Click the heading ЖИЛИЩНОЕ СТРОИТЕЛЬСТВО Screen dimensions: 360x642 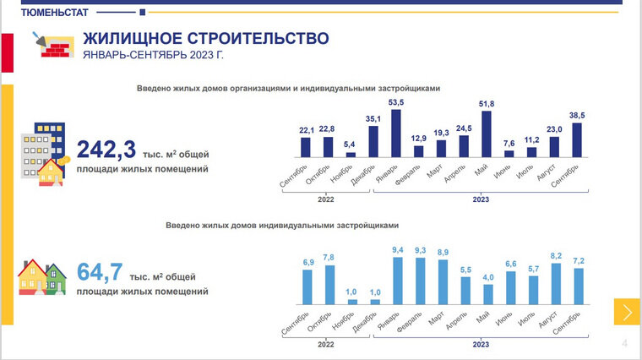pyautogui.click(x=205, y=39)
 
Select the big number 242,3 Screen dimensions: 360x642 pyautogui.click(x=106, y=150)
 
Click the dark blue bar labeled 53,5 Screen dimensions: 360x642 pyautogui.click(x=395, y=134)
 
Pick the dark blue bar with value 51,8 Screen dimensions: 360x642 pyautogui.click(x=487, y=134)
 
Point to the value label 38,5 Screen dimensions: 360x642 pyautogui.click(x=577, y=114)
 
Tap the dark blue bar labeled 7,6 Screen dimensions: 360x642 pyautogui.click(x=509, y=154)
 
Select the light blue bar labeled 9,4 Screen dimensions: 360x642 pyautogui.click(x=397, y=281)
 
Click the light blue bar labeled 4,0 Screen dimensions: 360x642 pyautogui.click(x=488, y=293)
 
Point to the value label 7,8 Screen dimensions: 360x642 pyautogui.click(x=329, y=257)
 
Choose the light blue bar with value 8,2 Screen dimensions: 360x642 pyautogui.click(x=556, y=283)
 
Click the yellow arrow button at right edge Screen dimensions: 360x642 pyautogui.click(x=626, y=312)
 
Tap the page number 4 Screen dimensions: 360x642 pyautogui.click(x=624, y=342)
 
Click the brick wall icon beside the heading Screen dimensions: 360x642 pyautogui.click(x=53, y=47)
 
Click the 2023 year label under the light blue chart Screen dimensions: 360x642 pyautogui.click(x=480, y=345)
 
